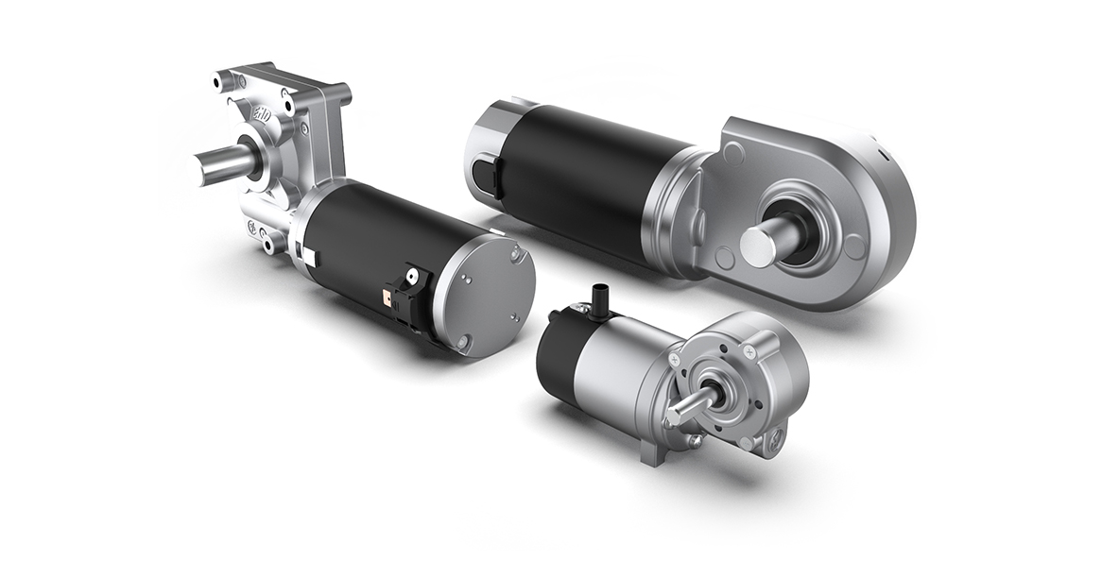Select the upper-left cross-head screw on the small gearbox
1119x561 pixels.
(x=677, y=363)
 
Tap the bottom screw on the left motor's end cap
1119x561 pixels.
(x=463, y=343)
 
